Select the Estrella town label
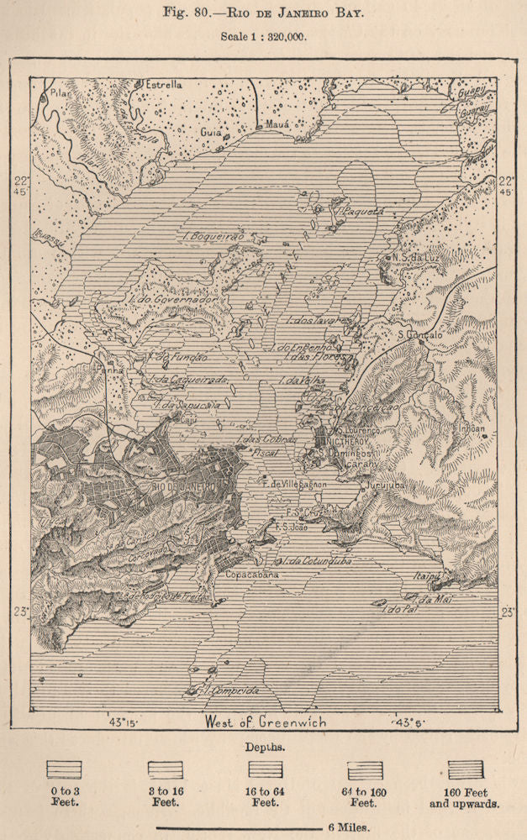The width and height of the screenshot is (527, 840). pyautogui.click(x=164, y=85)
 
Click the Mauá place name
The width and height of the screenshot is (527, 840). pyautogui.click(x=277, y=123)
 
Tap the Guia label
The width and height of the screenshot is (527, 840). pyautogui.click(x=210, y=133)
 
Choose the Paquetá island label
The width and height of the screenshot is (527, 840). pyautogui.click(x=364, y=212)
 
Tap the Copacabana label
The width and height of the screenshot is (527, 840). pyautogui.click(x=252, y=575)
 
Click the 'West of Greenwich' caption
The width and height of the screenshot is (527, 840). pyautogui.click(x=266, y=721)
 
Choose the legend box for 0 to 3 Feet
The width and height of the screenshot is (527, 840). pyautogui.click(x=64, y=770)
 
